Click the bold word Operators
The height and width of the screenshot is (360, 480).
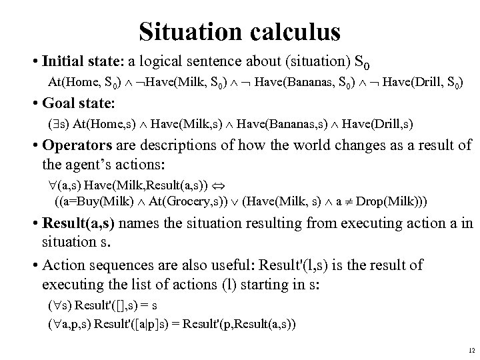73,145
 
